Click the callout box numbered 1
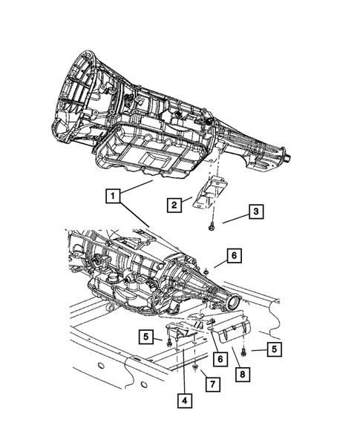pos(112,196)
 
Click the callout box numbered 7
pos(212,384)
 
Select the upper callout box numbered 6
pos(234,256)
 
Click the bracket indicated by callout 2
pos(207,194)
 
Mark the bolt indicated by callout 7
pos(193,367)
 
